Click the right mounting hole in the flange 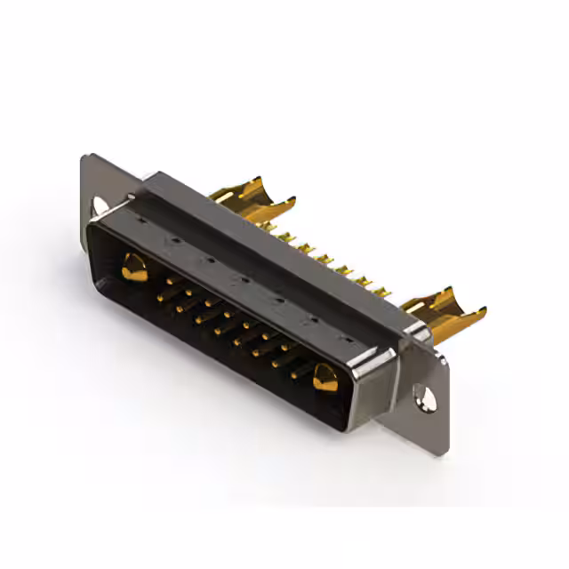(428, 399)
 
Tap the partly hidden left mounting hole (99, 205)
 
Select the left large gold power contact (134, 266)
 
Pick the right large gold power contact (325, 378)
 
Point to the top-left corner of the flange (84, 157)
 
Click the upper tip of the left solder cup (258, 179)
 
